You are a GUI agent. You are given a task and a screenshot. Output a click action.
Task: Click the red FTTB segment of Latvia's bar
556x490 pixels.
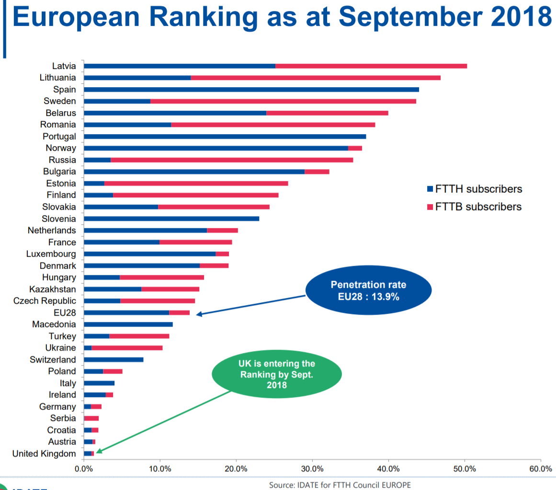point(371,66)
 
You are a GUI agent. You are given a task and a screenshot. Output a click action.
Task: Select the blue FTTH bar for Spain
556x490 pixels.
point(251,90)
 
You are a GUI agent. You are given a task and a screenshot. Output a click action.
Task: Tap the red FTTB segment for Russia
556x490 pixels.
point(232,160)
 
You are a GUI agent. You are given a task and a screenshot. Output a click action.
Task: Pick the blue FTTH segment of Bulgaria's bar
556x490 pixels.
point(194,171)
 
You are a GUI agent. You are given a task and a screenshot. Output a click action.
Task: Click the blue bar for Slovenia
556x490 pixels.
point(171,219)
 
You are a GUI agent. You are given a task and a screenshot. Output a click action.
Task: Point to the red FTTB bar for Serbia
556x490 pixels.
point(91,418)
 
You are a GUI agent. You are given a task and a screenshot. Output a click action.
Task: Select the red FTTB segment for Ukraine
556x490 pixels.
point(127,348)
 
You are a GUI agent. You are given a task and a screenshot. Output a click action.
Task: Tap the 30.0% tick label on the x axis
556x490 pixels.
point(312,469)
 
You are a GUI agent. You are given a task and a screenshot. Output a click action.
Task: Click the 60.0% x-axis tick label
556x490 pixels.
point(541,469)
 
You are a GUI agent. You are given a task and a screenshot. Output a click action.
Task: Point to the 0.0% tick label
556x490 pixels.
point(84,469)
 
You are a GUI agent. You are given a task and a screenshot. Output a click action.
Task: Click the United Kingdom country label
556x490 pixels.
point(44,454)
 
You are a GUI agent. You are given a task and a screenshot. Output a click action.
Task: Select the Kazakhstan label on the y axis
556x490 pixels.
point(52,289)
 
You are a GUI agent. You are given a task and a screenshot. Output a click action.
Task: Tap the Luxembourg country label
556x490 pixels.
point(51,254)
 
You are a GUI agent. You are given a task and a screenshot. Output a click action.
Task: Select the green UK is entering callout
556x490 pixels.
point(277,374)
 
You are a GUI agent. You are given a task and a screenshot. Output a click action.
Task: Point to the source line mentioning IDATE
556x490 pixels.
point(340,485)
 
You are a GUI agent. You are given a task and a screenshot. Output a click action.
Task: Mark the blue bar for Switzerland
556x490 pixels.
point(113,360)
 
